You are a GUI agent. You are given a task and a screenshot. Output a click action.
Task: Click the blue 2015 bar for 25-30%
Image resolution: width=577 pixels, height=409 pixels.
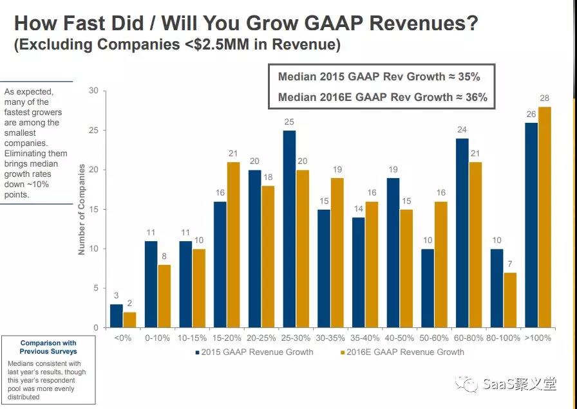pyautogui.click(x=289, y=229)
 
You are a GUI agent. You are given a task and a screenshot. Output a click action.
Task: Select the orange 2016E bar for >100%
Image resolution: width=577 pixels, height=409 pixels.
pyautogui.click(x=544, y=217)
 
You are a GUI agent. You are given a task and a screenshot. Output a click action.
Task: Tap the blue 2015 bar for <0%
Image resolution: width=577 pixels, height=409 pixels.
pyautogui.click(x=116, y=316)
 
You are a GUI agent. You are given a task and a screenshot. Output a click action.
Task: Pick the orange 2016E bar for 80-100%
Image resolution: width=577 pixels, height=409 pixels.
pyautogui.click(x=509, y=300)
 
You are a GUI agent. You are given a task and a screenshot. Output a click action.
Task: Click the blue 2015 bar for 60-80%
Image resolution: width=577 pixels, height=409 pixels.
pyautogui.click(x=462, y=233)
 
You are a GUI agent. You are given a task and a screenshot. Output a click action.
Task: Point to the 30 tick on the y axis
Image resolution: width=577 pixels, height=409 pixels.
pyautogui.click(x=93, y=91)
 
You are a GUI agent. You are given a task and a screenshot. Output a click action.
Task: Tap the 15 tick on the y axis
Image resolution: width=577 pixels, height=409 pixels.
pyautogui.click(x=93, y=209)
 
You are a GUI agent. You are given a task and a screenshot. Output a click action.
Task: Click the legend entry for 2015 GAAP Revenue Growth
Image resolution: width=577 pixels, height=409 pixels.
pyautogui.click(x=254, y=352)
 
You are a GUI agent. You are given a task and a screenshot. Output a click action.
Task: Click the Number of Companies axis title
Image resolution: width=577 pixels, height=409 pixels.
pyautogui.click(x=82, y=209)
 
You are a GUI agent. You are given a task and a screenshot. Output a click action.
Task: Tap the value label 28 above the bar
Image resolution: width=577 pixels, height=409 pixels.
pyautogui.click(x=544, y=97)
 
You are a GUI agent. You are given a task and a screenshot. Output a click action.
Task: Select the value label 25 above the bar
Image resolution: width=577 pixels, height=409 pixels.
pyautogui.click(x=289, y=121)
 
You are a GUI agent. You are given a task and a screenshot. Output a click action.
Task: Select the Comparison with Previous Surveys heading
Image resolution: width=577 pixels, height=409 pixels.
pyautogui.click(x=48, y=347)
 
